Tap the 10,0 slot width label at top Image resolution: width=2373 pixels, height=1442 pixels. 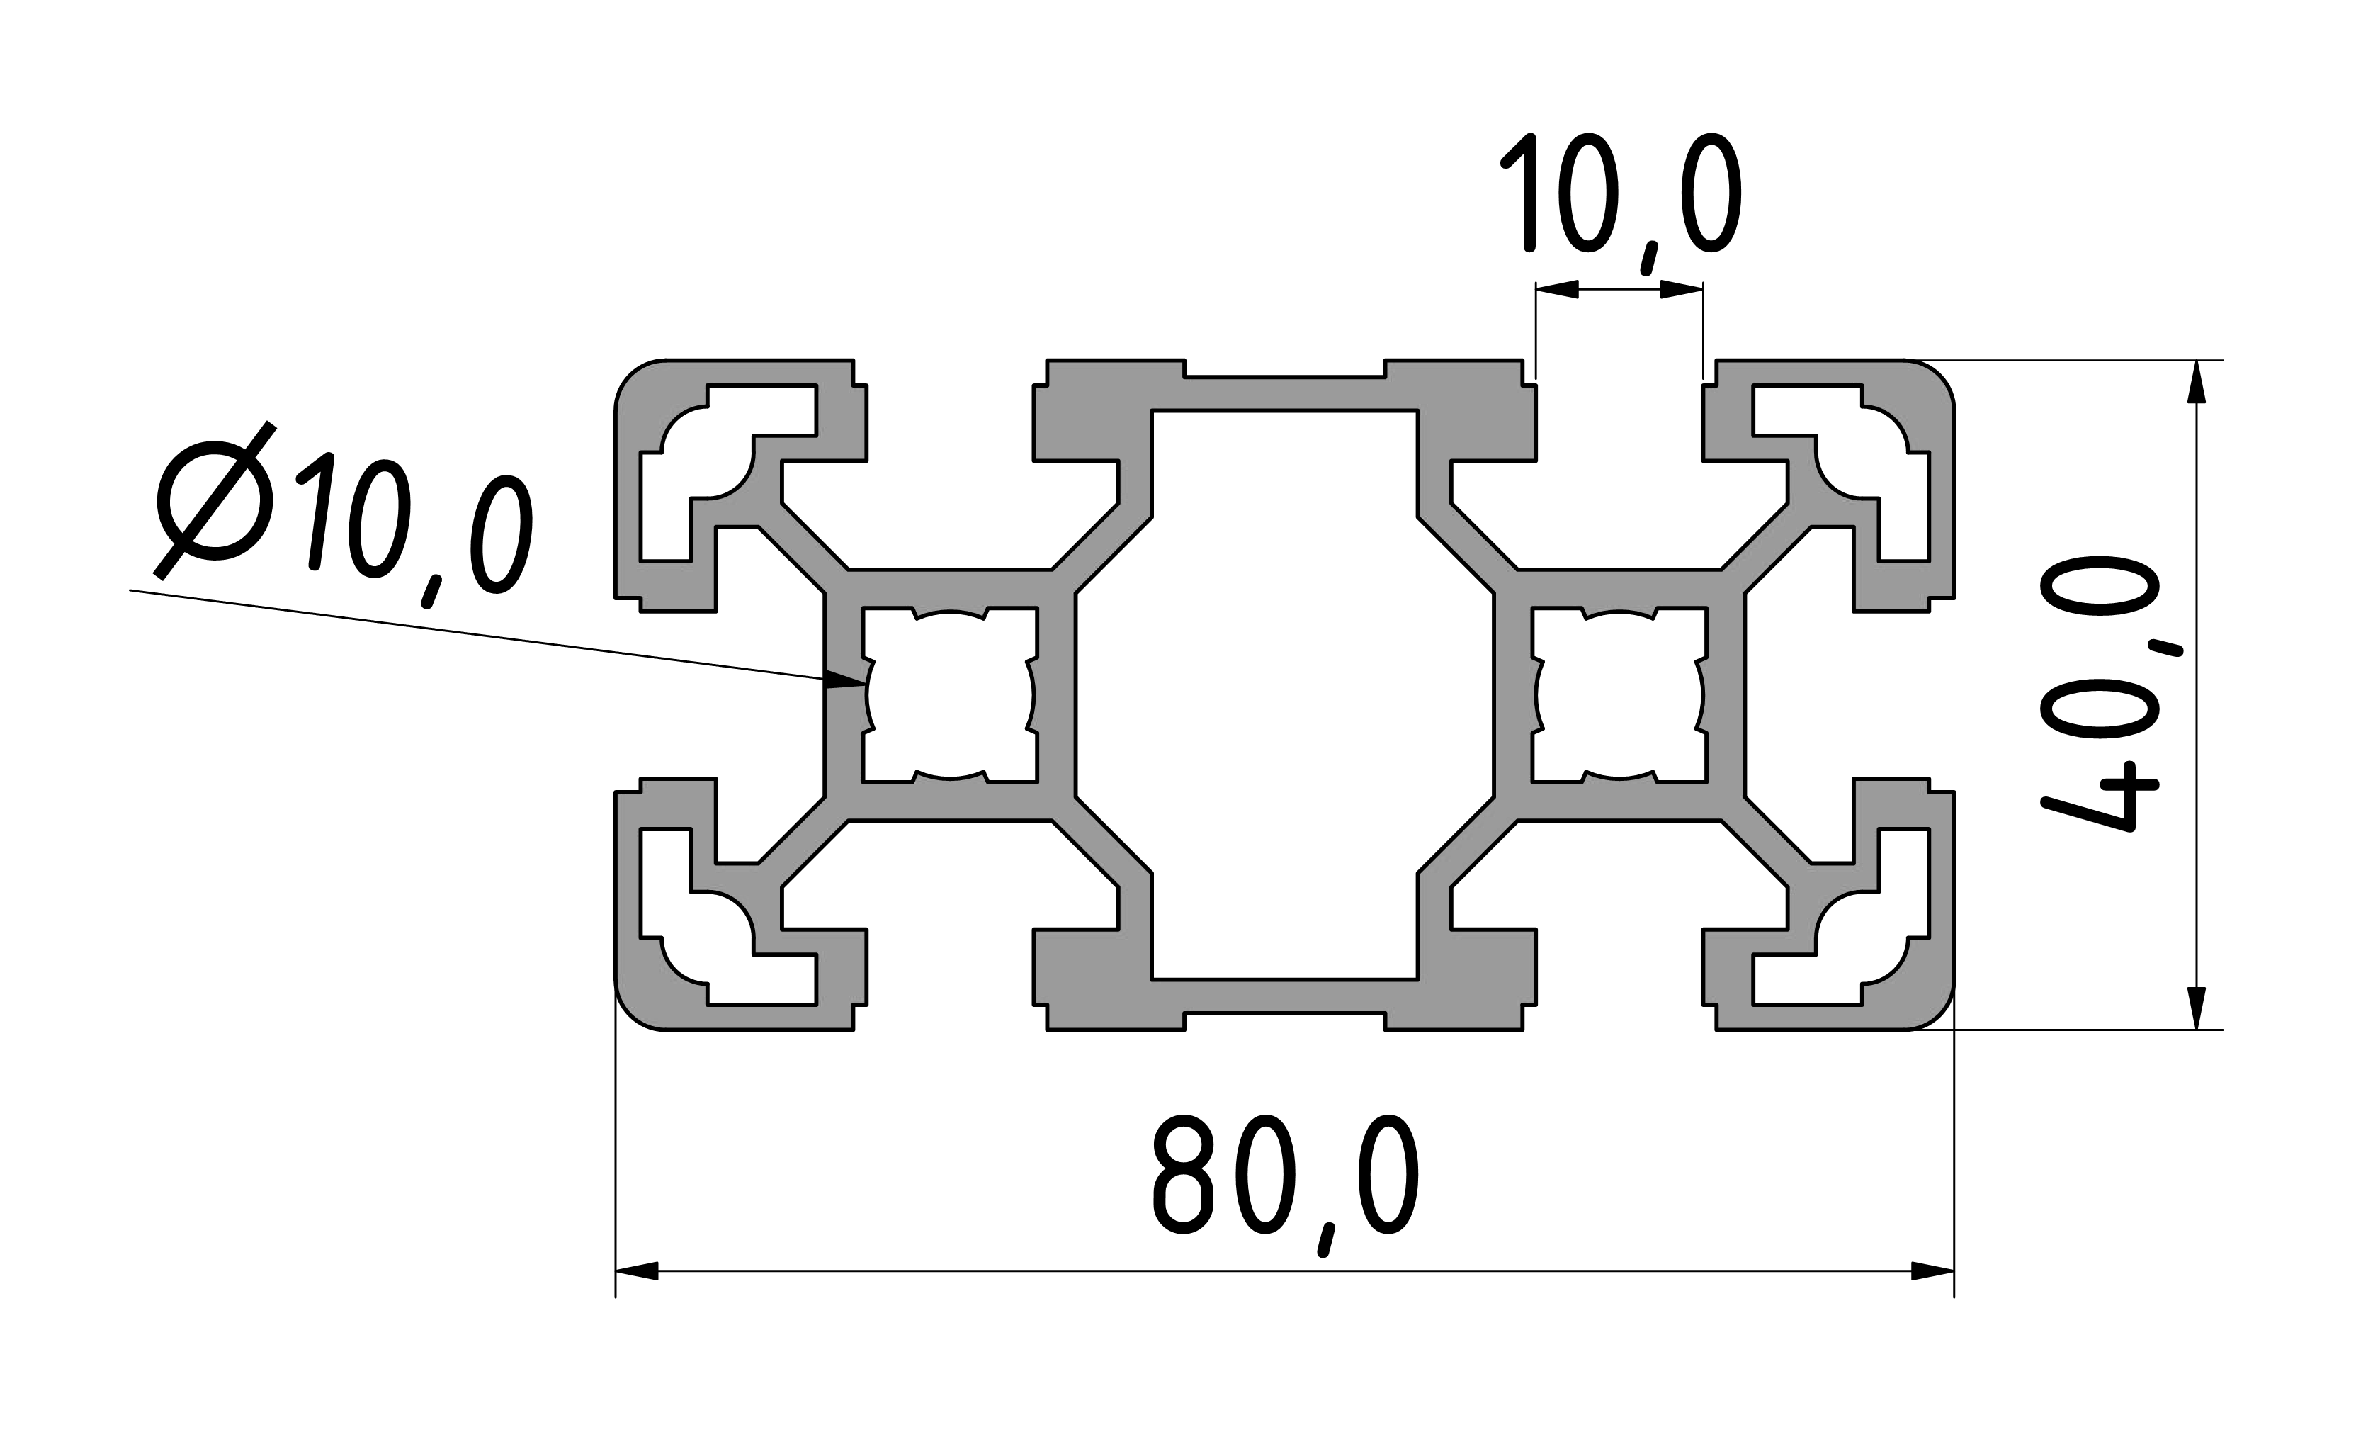click(1620, 203)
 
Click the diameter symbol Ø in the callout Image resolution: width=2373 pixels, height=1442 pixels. click(215, 501)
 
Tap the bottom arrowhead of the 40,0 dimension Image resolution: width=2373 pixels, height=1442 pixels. click(2196, 1008)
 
